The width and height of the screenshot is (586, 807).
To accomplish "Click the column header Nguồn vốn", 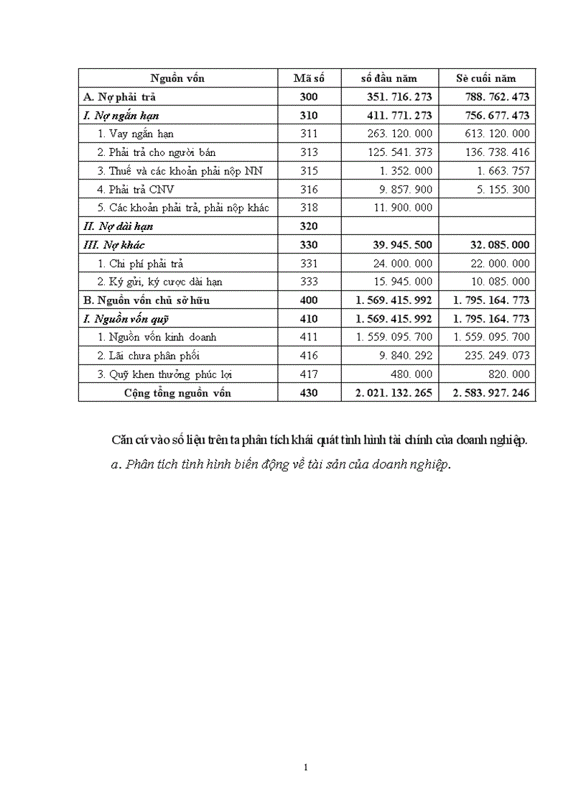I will pos(177,78).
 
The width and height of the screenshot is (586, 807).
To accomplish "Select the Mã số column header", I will pos(310,78).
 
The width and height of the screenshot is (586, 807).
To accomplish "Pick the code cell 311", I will pos(310,134).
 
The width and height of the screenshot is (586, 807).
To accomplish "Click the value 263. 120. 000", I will pos(399,134).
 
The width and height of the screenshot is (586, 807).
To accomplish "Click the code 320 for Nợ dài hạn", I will pos(310,226).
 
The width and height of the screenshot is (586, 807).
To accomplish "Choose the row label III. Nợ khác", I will pos(114,245).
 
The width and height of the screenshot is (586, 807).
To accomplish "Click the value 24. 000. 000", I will pos(404,264).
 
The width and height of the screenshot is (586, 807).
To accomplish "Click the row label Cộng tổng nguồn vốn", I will pos(177,393).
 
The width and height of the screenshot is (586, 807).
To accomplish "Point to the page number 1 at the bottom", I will pos(306,767).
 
